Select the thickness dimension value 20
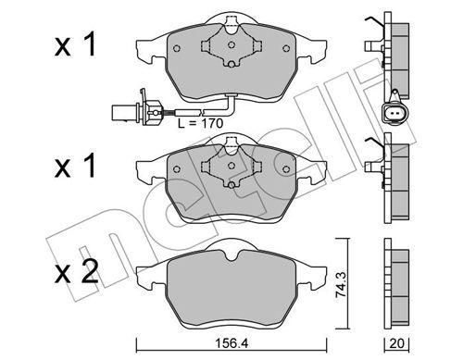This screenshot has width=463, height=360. click(x=396, y=343)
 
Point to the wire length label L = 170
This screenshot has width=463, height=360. click(x=200, y=123)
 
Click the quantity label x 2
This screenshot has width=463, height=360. click(x=76, y=269)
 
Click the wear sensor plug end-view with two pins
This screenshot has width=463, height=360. click(x=394, y=112)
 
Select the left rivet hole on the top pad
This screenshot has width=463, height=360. click(x=177, y=48)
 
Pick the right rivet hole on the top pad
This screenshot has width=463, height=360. click(x=286, y=48)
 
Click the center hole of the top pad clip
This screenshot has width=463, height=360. click(x=231, y=44)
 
